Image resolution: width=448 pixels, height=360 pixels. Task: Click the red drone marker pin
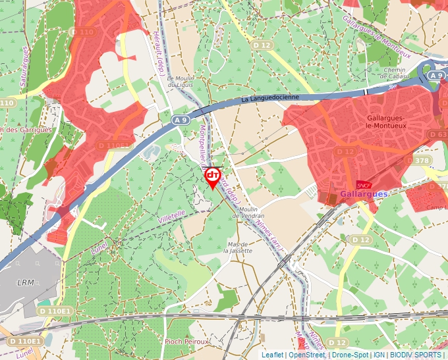[x=213, y=176]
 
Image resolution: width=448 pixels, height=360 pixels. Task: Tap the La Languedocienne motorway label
[x=270, y=98]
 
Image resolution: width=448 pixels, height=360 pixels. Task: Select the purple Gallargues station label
[x=364, y=195]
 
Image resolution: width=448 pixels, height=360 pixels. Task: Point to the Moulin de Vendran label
[x=248, y=213]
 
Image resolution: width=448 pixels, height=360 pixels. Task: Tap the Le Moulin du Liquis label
[x=179, y=81]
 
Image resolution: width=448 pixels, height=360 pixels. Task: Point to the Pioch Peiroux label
[x=186, y=342]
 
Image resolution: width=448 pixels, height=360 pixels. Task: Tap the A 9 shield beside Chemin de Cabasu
[x=435, y=76]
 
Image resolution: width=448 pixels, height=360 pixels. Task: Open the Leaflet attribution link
[x=273, y=355]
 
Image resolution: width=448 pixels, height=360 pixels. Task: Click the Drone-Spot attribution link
[x=350, y=355]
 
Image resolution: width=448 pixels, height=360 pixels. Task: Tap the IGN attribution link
[x=379, y=355]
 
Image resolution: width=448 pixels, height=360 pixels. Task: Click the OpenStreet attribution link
[x=307, y=355]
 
